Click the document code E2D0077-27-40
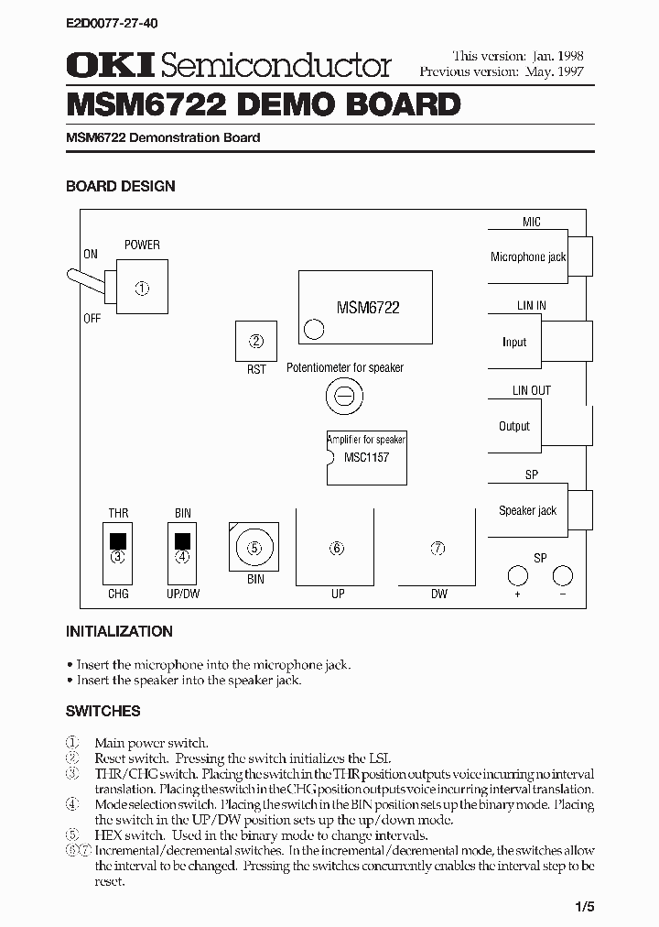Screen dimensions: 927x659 105,19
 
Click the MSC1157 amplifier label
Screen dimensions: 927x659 367,456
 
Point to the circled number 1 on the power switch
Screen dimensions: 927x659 142,288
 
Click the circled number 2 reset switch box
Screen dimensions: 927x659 256,342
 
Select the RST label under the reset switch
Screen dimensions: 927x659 256,369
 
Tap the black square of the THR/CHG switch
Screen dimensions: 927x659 117,540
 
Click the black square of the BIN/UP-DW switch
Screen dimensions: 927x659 183,540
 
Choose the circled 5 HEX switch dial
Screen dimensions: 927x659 254,548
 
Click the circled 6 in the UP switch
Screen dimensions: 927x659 337,548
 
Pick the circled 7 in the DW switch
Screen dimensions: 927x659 438,548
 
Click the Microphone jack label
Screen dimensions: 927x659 528,257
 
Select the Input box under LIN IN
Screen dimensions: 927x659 514,342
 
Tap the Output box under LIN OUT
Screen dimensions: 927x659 514,426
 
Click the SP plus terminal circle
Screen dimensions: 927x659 517,575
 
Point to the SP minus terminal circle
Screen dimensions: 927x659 563,575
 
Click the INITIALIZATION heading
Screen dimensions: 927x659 119,631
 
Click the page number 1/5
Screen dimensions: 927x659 585,907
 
